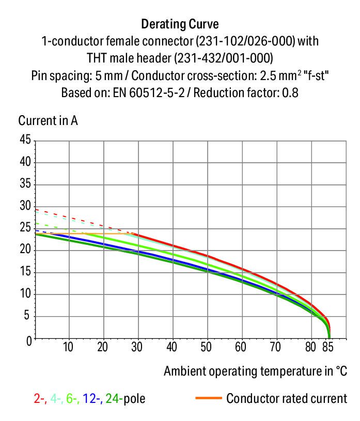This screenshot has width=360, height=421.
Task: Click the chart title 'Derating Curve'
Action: pyautogui.click(x=179, y=24)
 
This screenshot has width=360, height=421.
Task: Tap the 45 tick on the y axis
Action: pyautogui.click(x=25, y=140)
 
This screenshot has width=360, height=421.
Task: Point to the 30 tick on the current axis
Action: pyautogui.click(x=25, y=207)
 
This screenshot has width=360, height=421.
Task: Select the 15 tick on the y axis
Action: pyautogui.click(x=25, y=273)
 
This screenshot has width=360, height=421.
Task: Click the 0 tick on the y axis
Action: pyautogui.click(x=29, y=339)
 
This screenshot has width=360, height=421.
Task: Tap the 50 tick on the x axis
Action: pyautogui.click(x=207, y=347)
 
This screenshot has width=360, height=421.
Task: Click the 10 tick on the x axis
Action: pyautogui.click(x=68, y=347)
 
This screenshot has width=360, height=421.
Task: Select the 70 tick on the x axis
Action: pyautogui.click(x=276, y=347)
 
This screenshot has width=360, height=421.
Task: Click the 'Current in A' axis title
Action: pyautogui.click(x=48, y=121)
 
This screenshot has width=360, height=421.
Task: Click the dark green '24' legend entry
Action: pyautogui.click(x=112, y=398)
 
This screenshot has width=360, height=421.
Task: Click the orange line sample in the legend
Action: pyautogui.click(x=209, y=398)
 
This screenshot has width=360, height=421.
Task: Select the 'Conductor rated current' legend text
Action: pyautogui.click(x=287, y=398)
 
